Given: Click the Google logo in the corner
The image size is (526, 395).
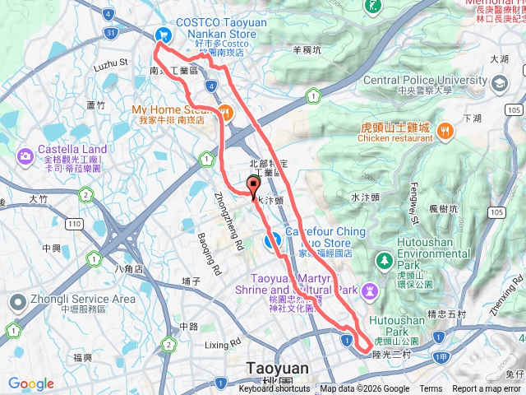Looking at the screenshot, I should tap(31, 383).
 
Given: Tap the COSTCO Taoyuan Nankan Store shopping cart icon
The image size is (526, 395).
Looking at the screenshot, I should tap(163, 34).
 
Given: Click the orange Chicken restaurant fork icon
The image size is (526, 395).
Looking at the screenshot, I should tap(445, 129).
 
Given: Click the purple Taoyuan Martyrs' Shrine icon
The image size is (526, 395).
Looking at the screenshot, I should tap(371, 290).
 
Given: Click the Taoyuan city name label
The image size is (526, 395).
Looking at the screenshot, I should tap(278, 369).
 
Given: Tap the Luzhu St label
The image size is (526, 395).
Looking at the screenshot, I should tap(112, 63).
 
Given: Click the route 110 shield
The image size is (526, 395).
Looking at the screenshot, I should tap(75, 223).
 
